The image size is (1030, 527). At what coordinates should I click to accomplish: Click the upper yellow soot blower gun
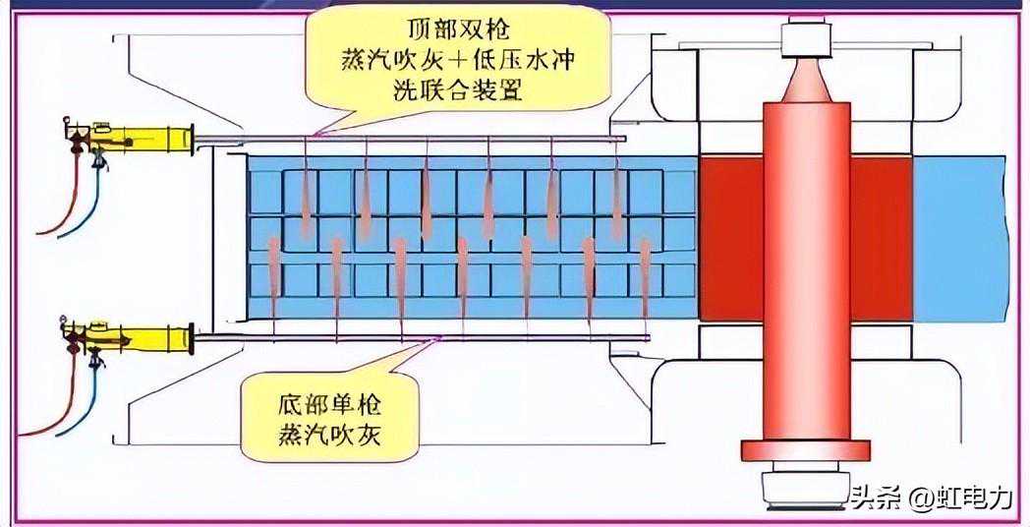click(147, 138)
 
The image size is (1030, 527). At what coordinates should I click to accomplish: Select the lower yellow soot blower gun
click(147, 335)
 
